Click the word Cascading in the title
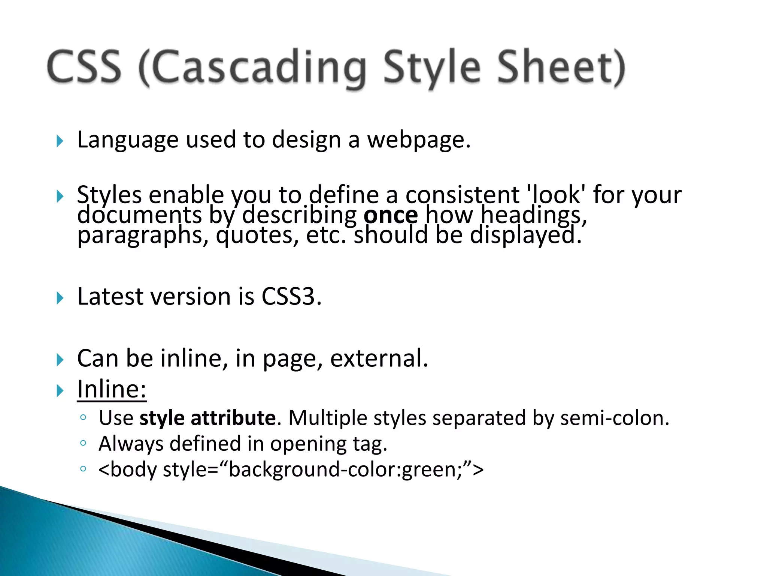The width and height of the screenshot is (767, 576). tap(253, 67)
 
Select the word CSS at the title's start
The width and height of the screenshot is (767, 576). tap(85, 67)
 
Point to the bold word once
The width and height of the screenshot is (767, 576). tap(391, 215)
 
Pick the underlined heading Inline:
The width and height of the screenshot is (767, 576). tap(112, 389)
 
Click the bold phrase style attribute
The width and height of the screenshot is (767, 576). tap(207, 418)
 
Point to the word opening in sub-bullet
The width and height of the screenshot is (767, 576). tap(309, 444)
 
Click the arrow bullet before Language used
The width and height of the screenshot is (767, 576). tap(60, 141)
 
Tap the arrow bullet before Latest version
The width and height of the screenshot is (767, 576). tap(60, 298)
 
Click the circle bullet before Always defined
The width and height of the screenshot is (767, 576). tap(83, 443)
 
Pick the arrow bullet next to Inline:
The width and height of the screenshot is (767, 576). tap(60, 391)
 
